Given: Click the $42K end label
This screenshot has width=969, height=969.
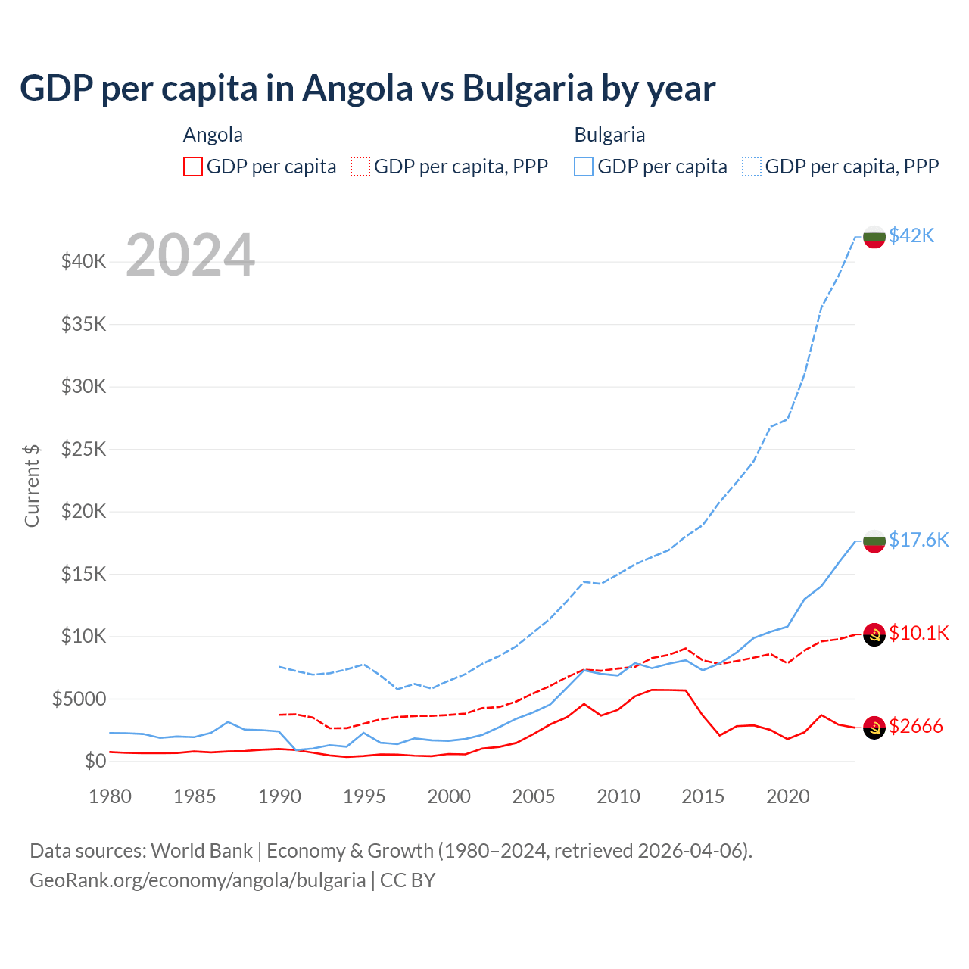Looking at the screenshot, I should (x=911, y=236).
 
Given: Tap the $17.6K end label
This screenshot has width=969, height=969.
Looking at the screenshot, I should (x=918, y=540).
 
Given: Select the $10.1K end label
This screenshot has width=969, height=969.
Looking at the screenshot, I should (x=918, y=633).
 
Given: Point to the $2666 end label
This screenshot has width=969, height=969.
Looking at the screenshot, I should (x=916, y=727).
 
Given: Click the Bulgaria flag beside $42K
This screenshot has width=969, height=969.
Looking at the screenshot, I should (x=874, y=237).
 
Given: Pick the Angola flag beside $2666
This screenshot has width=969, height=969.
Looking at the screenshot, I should (x=874, y=728).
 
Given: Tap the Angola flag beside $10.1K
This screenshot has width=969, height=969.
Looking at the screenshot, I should (x=874, y=634).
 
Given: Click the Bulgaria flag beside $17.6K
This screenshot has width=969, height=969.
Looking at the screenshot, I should (x=874, y=541).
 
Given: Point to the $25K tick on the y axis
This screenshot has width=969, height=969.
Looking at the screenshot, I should (x=84, y=450).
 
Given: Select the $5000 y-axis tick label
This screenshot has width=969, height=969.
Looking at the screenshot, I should (x=79, y=699).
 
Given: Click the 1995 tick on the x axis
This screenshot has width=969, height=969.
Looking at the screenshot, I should (x=364, y=796).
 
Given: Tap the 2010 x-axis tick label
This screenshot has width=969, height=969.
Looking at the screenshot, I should (x=618, y=796).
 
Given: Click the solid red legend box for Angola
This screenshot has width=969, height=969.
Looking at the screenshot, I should (x=193, y=167).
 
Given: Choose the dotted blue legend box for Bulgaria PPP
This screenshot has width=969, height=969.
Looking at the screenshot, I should (x=752, y=167).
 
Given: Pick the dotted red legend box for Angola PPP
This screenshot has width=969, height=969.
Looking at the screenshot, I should (x=360, y=167).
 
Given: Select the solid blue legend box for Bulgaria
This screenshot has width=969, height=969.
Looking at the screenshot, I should (x=584, y=167).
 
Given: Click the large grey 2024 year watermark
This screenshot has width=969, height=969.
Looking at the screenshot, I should (x=190, y=255).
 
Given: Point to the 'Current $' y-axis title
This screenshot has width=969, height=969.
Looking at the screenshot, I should (x=32, y=485).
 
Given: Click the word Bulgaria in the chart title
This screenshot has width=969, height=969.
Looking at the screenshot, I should (x=527, y=89).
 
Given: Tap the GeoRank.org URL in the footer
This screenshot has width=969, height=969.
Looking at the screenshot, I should (x=198, y=880).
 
